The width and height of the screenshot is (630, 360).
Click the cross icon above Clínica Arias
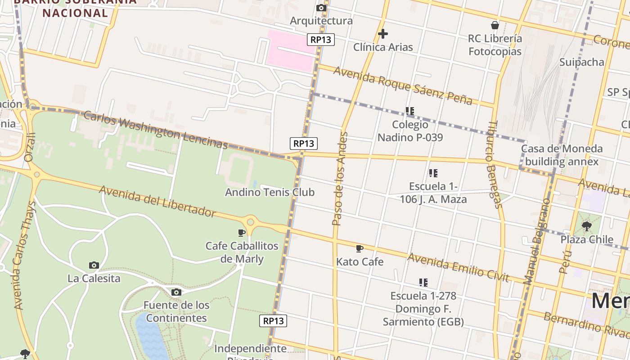pos(383,34)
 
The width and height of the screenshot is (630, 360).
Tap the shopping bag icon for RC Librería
pos(495,25)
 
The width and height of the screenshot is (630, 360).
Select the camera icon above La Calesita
pos(94,265)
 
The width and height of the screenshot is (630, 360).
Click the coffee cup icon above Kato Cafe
pos(360,248)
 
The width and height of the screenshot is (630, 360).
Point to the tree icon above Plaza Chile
pos(586,226)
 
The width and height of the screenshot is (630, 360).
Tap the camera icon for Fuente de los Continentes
pos(176,292)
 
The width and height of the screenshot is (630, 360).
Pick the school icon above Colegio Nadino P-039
pos(409,111)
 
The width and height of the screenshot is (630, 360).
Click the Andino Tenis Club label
pos(270,192)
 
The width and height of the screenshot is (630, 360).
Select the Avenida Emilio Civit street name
pos(458,267)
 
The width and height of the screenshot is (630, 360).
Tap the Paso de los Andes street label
pos(340,178)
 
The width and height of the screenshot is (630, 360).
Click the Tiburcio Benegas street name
pos(494,165)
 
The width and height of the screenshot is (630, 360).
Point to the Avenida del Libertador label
pos(157,201)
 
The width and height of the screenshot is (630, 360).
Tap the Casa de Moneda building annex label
pos(562,155)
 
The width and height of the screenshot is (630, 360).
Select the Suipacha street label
pos(581,62)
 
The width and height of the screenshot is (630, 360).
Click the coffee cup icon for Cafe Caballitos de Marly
pos(242,233)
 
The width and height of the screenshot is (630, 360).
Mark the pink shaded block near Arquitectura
pos(290,49)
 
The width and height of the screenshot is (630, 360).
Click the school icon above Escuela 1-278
pos(423,283)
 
